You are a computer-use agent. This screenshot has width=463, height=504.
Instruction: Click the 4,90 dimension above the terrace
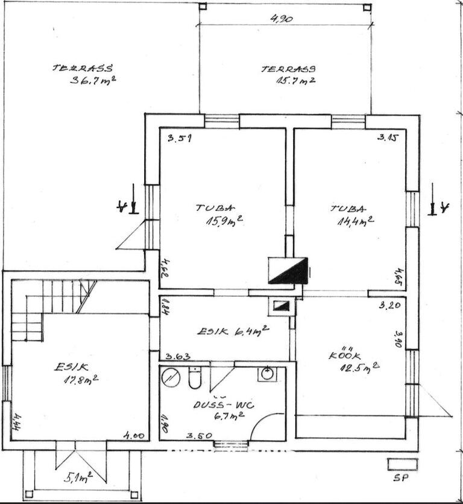click(x=281, y=19)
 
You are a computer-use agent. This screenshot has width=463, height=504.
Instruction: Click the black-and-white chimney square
click(x=288, y=271)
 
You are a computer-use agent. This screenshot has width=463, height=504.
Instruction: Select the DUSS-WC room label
click(x=224, y=409)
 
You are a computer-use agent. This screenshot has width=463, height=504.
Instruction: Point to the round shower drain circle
click(x=171, y=378)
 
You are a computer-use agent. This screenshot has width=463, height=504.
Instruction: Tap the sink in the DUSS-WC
click(x=267, y=374)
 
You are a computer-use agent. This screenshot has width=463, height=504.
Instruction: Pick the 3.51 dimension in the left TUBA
click(x=180, y=138)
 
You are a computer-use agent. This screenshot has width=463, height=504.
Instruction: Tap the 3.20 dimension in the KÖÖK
click(x=390, y=306)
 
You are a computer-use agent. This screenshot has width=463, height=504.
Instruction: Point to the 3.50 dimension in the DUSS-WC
click(x=198, y=435)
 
